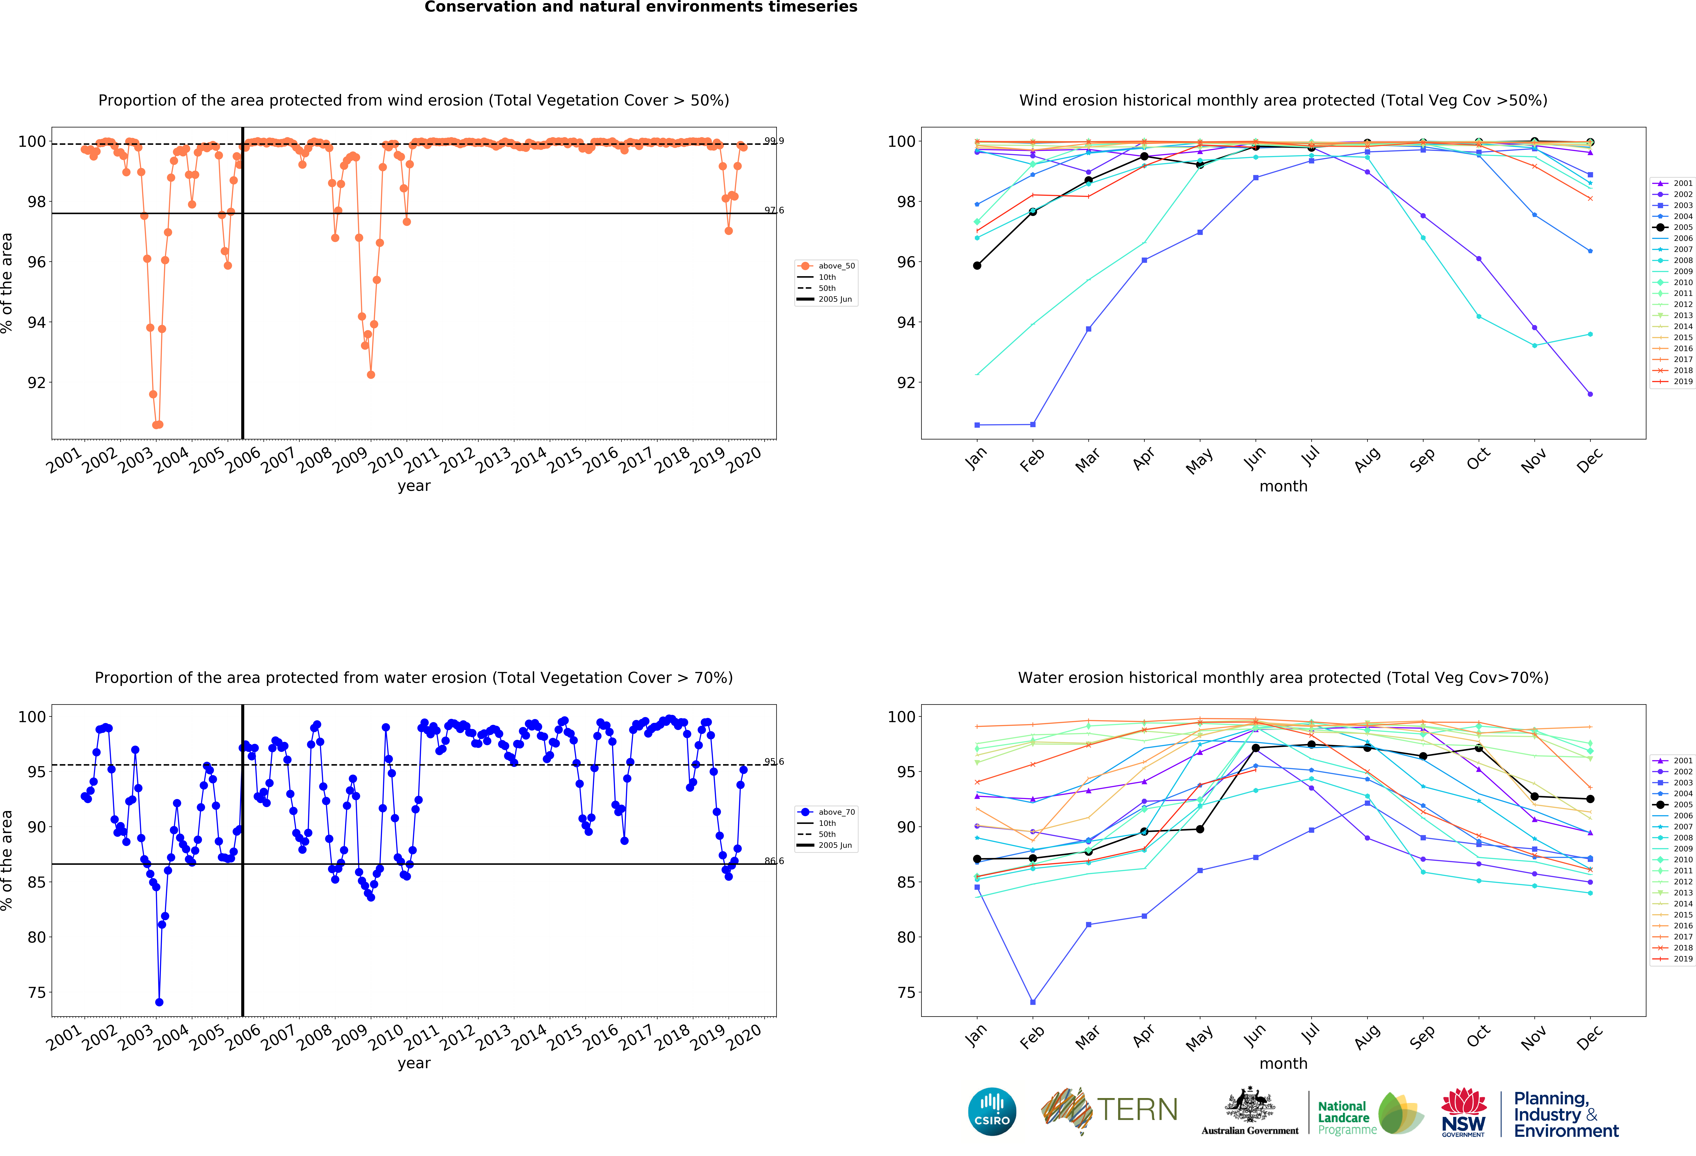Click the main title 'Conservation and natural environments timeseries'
click(x=641, y=7)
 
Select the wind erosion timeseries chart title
click(x=414, y=101)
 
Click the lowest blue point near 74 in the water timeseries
click(x=159, y=1002)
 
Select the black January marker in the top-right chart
click(x=977, y=266)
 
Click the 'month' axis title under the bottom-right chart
click(x=1283, y=1063)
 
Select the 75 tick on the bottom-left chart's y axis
click(x=37, y=993)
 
